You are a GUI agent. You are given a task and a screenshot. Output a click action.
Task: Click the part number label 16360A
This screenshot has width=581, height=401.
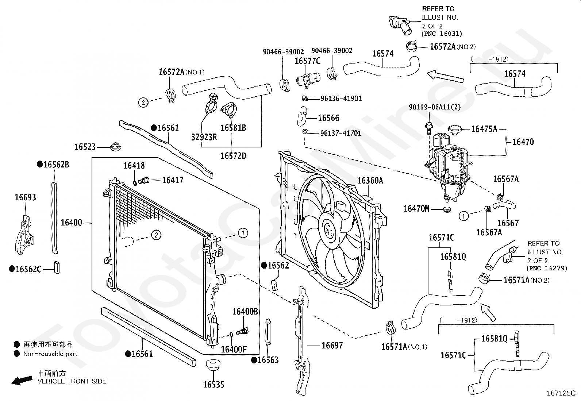(370, 181)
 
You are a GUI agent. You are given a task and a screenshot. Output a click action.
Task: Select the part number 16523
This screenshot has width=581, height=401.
(85, 147)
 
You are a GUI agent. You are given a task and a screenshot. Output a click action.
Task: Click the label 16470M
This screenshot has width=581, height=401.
(416, 209)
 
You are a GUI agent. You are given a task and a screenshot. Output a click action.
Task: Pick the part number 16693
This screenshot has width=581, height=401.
(25, 197)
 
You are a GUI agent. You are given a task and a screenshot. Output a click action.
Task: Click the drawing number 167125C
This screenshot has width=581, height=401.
(561, 393)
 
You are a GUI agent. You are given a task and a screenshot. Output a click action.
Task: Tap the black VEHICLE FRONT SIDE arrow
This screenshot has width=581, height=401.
(22, 380)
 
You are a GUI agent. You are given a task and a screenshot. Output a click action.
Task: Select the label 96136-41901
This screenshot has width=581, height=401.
(341, 99)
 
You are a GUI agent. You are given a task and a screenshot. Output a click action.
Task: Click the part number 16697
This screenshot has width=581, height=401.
(332, 345)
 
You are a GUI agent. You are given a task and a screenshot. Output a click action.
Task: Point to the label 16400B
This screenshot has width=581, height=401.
(245, 312)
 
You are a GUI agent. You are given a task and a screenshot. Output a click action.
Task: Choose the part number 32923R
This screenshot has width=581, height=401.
(204, 137)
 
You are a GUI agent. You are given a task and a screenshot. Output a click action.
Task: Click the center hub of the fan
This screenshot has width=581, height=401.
(329, 230)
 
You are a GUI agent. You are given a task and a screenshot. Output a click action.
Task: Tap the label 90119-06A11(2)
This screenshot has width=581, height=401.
(434, 107)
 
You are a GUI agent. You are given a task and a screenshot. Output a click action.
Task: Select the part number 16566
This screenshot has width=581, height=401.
(328, 118)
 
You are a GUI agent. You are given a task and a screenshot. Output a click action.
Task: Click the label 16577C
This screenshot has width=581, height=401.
(307, 61)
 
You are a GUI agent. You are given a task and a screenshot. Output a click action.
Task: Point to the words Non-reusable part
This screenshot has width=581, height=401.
(50, 354)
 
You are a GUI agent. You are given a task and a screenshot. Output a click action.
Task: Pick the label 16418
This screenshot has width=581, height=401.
(134, 166)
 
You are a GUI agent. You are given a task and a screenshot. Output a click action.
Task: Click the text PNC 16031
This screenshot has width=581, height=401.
(442, 34)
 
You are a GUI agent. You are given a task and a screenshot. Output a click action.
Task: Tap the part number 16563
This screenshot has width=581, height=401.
(268, 360)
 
